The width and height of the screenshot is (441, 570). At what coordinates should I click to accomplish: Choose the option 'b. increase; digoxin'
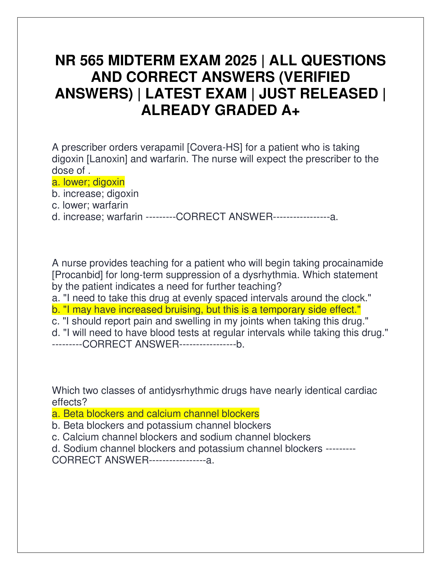tap(95, 194)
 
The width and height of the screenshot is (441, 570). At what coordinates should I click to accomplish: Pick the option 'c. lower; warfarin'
tap(90, 205)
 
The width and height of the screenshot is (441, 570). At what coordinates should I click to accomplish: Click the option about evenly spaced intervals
tap(212, 298)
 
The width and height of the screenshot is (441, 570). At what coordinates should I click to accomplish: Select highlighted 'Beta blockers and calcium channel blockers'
tap(156, 414)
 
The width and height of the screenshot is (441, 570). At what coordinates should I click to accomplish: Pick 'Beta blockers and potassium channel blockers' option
tap(162, 425)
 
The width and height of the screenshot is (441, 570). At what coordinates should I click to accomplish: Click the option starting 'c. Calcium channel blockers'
tap(181, 437)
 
